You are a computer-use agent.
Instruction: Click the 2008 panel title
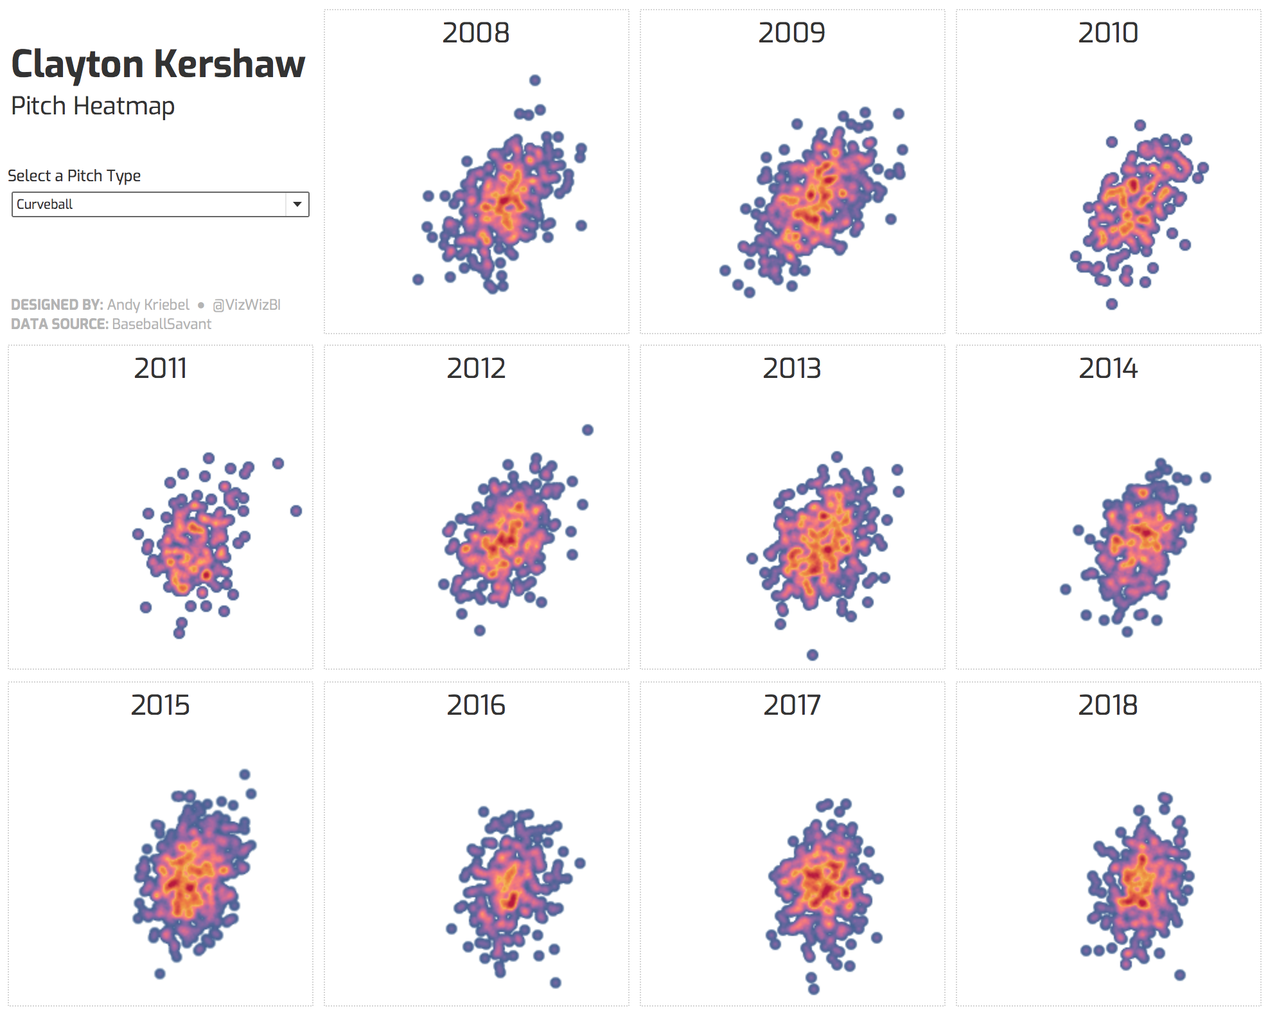tap(476, 33)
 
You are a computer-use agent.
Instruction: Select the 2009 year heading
tap(791, 33)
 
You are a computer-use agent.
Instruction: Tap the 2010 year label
tap(1108, 33)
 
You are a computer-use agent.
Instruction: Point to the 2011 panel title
tap(161, 368)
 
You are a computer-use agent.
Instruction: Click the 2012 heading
tap(476, 368)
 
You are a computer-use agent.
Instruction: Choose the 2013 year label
tap(791, 368)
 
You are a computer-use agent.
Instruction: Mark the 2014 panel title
tap(1108, 368)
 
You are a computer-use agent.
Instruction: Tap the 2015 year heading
tap(161, 705)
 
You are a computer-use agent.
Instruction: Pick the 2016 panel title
tap(476, 705)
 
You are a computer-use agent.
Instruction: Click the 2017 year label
tap(791, 705)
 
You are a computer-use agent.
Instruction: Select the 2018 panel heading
tap(1108, 705)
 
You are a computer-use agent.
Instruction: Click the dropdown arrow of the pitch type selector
tap(297, 204)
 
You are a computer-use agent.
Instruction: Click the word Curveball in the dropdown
tap(44, 204)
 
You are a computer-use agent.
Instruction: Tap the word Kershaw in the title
tap(229, 64)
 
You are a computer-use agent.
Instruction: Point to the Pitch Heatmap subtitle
tap(92, 106)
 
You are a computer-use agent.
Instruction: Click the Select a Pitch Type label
tap(74, 175)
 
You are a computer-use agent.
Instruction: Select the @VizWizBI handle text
tap(247, 305)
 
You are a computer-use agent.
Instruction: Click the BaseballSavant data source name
tap(161, 324)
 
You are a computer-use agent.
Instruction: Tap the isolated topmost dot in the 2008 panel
tap(535, 80)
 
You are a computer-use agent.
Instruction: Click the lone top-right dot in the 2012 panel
tap(588, 430)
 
